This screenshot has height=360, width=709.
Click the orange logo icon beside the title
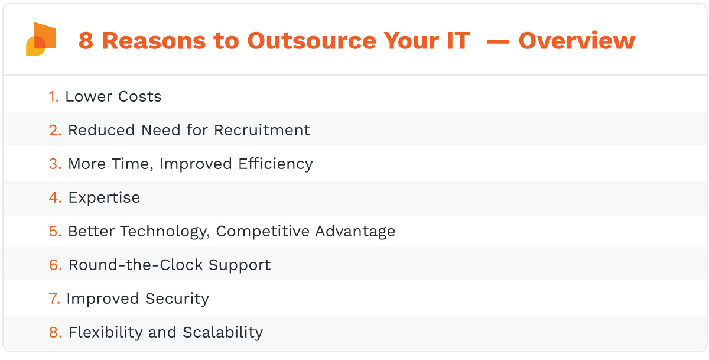coord(41,40)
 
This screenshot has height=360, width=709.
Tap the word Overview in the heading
coord(577,41)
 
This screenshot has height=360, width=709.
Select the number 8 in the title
coord(86,41)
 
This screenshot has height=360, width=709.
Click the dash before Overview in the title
coord(497,41)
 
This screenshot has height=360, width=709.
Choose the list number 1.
coord(53,96)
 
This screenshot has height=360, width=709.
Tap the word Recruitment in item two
coord(262,130)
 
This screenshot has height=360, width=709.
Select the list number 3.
coord(55,164)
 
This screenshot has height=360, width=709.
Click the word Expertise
coord(104,197)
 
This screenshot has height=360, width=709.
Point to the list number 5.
coord(55,231)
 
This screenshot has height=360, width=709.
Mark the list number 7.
coord(54,299)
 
